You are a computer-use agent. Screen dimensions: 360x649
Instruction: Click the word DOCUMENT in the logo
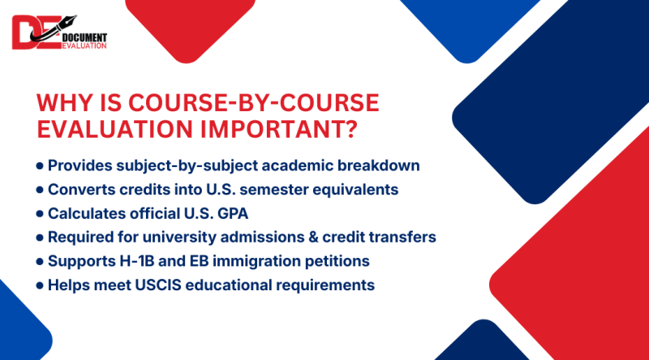coord(84,36)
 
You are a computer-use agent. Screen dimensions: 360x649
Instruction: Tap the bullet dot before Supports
coord(40,262)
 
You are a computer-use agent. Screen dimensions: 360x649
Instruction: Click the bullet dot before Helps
coord(40,286)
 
